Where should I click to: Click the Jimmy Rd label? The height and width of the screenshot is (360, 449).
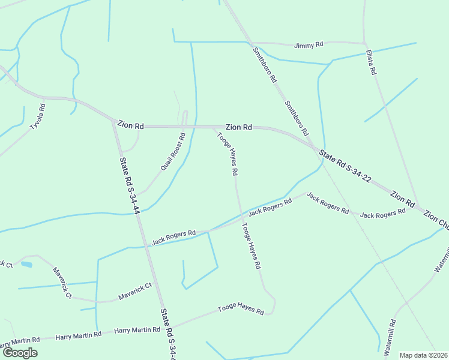point(309,45)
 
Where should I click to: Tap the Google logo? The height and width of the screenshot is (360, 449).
point(20,353)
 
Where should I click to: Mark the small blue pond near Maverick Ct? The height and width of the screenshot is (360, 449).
point(26,264)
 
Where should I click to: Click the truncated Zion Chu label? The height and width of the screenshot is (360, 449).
point(436,220)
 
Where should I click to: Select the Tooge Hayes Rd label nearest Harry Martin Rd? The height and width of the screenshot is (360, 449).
point(241,310)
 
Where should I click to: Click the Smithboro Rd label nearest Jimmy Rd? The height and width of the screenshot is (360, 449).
point(265,65)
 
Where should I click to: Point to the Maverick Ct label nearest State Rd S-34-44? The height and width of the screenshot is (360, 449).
point(135,292)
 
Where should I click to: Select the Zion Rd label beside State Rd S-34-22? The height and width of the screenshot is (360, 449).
point(402,199)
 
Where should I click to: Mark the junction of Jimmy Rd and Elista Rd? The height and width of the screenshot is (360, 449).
point(365,43)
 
